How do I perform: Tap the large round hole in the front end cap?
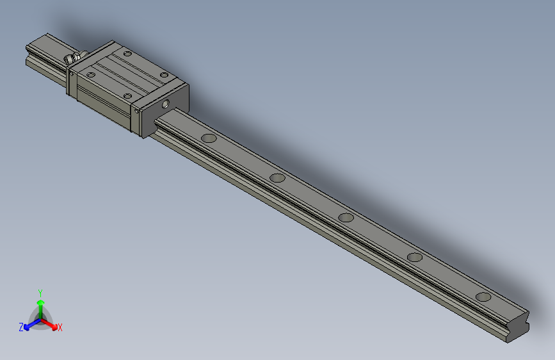click(x=168, y=102)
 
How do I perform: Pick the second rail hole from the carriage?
click(x=277, y=177)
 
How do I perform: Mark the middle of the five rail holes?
click(x=346, y=217)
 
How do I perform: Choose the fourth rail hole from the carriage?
click(x=415, y=258)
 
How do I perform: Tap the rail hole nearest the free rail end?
click(x=483, y=297)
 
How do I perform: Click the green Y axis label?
click(x=40, y=292)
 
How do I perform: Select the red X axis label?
click(x=60, y=328)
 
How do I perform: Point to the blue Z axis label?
click(x=20, y=327)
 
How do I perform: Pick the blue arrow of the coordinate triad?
click(x=28, y=326)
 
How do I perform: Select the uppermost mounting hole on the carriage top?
click(x=127, y=54)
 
